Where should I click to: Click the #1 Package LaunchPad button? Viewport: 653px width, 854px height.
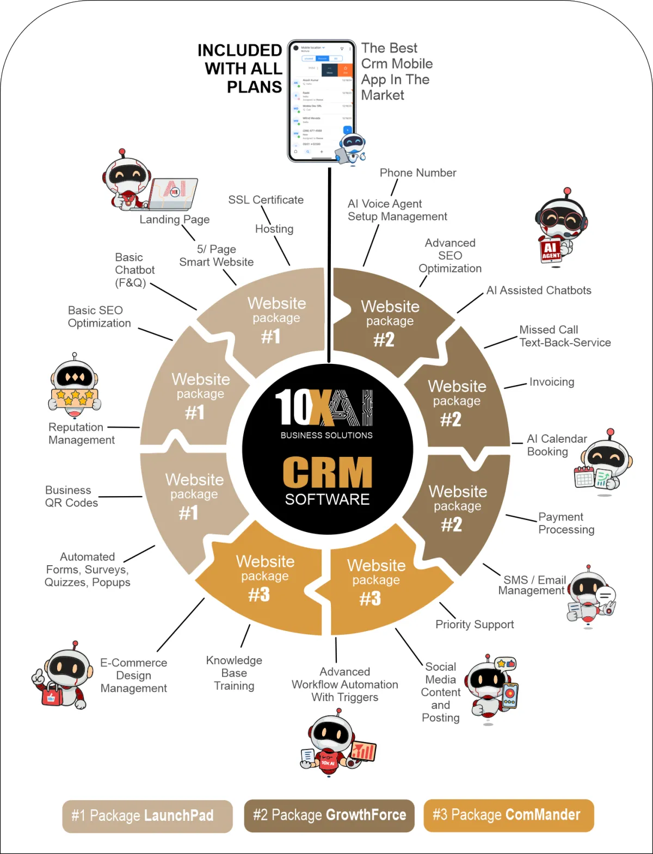[147, 815]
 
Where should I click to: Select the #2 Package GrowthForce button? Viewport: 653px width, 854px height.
[329, 815]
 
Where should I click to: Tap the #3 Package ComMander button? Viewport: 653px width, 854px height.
[508, 815]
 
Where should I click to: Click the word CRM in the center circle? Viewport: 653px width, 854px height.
[327, 472]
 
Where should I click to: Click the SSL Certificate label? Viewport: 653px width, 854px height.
[266, 200]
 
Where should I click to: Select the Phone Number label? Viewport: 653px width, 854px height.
[418, 172]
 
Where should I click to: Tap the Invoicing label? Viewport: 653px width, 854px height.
[551, 382]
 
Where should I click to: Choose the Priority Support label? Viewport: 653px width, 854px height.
[475, 624]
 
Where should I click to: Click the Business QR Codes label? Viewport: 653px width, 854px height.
[71, 496]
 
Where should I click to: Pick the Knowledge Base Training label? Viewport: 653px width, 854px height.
[234, 673]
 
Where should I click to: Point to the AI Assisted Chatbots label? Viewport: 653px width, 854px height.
[539, 290]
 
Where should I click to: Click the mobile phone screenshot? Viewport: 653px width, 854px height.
[321, 101]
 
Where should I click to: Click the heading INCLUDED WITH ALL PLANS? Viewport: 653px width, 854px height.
[240, 69]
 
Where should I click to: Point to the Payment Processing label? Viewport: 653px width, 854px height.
[566, 523]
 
